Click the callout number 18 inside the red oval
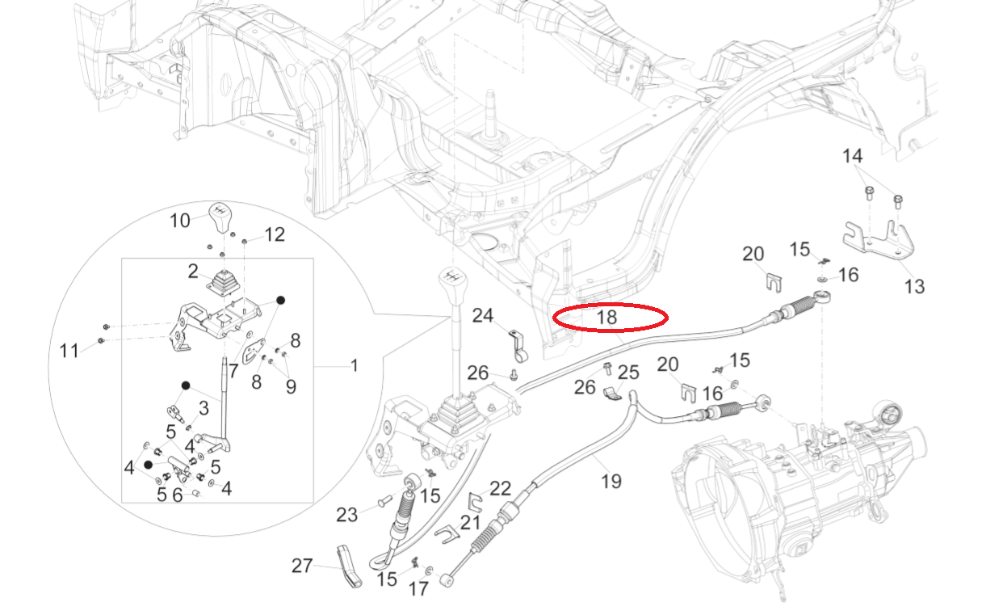[606, 318]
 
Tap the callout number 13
[914, 286]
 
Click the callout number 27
[302, 567]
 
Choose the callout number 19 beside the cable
[611, 482]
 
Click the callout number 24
[482, 314]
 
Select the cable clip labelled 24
[518, 345]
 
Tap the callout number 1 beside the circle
[354, 366]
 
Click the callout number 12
[275, 235]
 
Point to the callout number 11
[69, 351]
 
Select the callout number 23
[346, 514]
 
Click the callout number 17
[418, 589]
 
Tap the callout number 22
[501, 488]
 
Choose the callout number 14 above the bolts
[852, 156]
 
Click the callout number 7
[233, 370]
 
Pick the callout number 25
[628, 373]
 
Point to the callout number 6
[176, 495]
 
